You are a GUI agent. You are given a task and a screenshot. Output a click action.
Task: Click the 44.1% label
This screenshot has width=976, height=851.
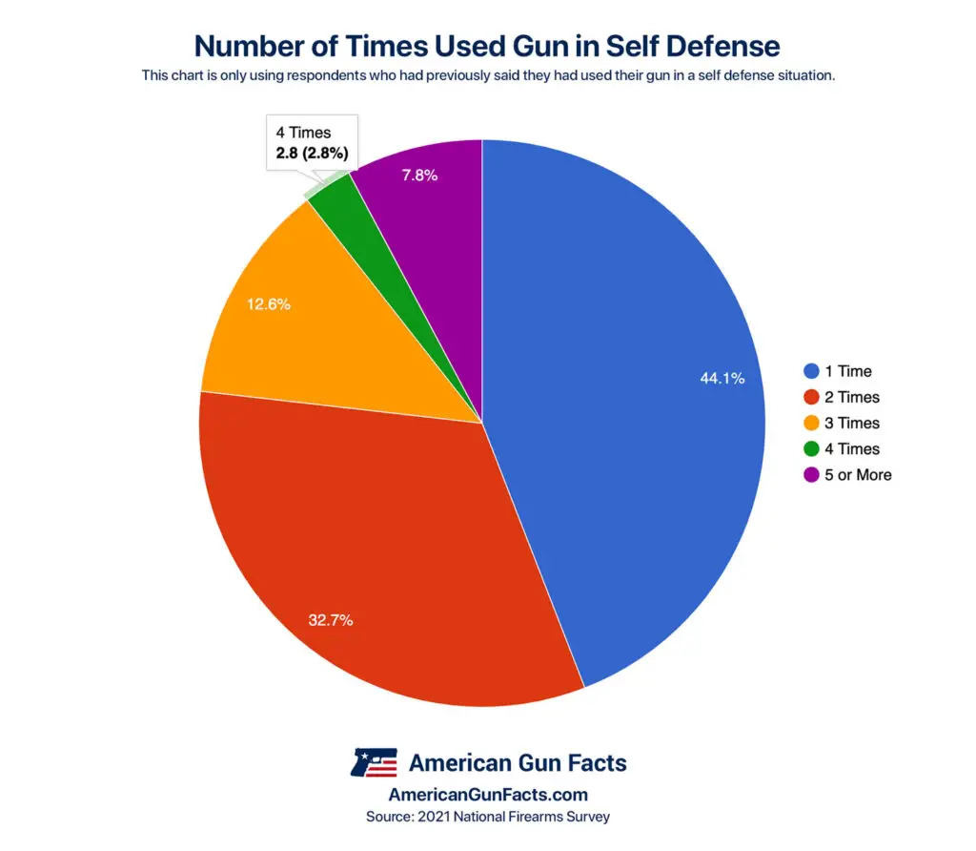click(x=722, y=378)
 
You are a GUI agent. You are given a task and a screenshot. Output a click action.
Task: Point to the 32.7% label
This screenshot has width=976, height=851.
click(x=330, y=620)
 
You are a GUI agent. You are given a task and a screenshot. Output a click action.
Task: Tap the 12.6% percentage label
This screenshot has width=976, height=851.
click(x=268, y=305)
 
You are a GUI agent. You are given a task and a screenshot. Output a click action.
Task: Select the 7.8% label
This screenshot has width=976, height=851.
click(x=419, y=176)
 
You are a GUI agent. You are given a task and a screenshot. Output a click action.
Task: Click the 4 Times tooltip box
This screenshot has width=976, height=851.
click(x=312, y=143)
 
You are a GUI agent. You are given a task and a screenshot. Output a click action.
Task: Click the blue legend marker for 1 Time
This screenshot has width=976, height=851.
click(x=811, y=371)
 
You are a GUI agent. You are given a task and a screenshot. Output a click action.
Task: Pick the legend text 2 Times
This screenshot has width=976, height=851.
click(x=852, y=397)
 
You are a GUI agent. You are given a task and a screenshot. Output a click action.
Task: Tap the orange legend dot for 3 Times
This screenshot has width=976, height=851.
click(x=811, y=423)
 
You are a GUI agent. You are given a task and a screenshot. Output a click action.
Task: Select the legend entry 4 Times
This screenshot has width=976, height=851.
click(x=852, y=448)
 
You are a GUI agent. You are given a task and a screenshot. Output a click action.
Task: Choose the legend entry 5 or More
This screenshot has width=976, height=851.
click(x=858, y=474)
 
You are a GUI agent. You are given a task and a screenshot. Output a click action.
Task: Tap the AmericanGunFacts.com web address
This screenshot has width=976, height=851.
click(x=488, y=794)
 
